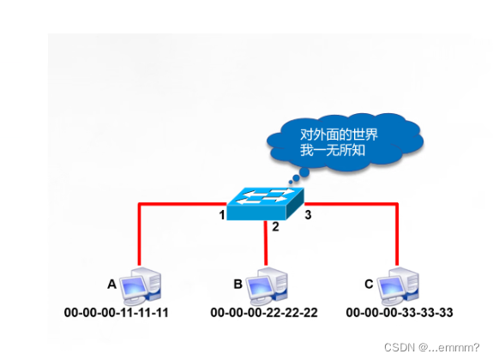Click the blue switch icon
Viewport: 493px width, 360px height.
click(267, 203)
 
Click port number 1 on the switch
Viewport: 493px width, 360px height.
click(222, 214)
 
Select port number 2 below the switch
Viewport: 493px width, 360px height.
click(275, 227)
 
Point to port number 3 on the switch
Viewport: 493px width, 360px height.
click(308, 214)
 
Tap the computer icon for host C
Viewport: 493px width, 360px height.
click(396, 285)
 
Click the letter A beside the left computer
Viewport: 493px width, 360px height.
click(111, 283)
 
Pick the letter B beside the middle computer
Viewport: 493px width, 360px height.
click(237, 283)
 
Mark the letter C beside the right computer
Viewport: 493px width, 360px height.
click(369, 283)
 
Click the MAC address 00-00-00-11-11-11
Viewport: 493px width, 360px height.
click(117, 312)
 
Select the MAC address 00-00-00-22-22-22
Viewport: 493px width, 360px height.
click(264, 312)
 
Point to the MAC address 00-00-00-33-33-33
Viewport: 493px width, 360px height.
click(400, 312)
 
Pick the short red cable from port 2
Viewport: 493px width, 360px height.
click(267, 249)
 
